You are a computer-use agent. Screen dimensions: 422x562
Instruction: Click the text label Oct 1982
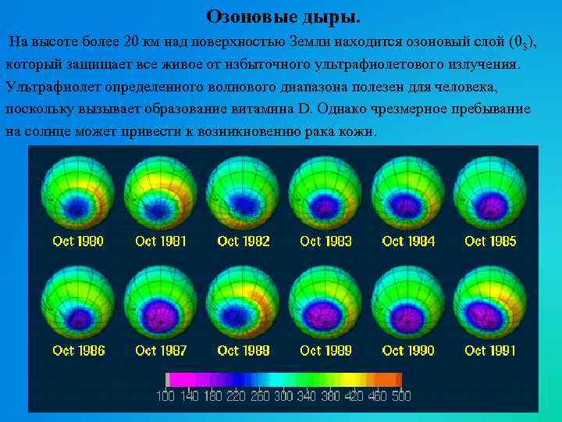tap(244, 241)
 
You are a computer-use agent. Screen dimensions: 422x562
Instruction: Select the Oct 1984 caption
tap(408, 241)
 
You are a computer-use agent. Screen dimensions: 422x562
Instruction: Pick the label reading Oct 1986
tap(78, 351)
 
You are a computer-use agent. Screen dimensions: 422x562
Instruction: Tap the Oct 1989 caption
tap(325, 351)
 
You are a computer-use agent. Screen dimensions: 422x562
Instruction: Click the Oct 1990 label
tap(408, 351)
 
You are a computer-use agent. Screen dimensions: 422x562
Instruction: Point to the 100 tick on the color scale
tap(165, 396)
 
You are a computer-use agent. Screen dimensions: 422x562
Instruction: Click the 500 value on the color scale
tap(400, 396)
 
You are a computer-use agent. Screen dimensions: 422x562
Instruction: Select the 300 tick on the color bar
tap(283, 396)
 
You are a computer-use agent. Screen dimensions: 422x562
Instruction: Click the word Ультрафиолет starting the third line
tap(49, 86)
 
